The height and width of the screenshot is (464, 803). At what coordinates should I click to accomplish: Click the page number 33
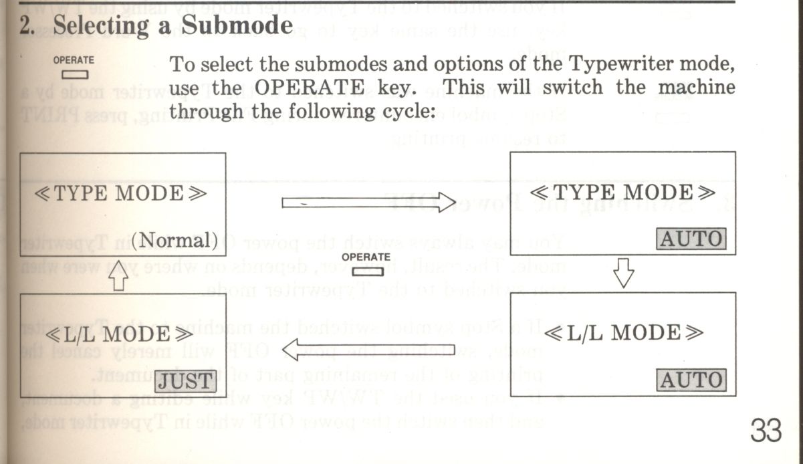pyautogui.click(x=766, y=431)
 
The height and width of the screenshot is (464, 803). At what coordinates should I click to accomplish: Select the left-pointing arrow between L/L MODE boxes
pyautogui.click(x=368, y=349)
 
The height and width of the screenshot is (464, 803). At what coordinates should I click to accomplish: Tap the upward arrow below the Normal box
pyautogui.click(x=118, y=276)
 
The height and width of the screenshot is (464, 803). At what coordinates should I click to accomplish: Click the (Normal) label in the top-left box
pyautogui.click(x=175, y=239)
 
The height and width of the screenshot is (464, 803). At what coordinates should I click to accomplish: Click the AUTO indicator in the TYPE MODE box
pyautogui.click(x=691, y=239)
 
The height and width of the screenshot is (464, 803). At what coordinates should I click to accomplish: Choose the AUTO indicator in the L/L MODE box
pyautogui.click(x=691, y=380)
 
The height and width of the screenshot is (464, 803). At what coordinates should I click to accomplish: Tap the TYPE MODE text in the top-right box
pyautogui.click(x=622, y=193)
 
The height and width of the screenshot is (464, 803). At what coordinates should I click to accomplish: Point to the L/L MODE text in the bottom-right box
pyautogui.click(x=623, y=332)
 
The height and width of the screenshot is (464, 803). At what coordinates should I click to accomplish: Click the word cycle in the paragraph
pyautogui.click(x=407, y=110)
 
